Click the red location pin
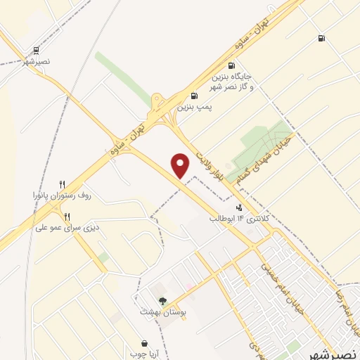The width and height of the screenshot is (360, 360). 181,166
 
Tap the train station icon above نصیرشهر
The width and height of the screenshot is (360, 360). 36,50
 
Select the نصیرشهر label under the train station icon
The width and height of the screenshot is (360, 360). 36,62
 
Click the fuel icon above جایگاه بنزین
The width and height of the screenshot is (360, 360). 231,65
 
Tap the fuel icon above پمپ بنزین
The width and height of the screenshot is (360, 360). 194,96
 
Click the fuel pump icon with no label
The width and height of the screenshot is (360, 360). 321,39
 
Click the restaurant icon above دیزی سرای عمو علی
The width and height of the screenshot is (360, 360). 67,217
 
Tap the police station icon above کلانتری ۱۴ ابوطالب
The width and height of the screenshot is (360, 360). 240,207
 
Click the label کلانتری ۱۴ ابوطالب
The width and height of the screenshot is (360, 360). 240,219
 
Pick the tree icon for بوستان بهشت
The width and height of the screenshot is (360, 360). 163,301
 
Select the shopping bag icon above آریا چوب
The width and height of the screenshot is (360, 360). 145,343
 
